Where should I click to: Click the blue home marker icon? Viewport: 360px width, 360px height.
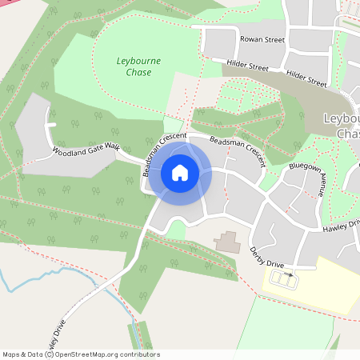[180, 173]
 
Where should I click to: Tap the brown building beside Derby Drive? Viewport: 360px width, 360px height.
[227, 242]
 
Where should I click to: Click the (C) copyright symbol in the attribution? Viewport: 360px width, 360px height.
[50, 354]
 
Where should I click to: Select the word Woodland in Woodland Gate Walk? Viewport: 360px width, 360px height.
[67, 150]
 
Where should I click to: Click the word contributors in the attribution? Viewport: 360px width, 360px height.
[137, 354]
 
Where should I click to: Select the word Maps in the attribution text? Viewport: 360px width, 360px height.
[12, 354]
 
